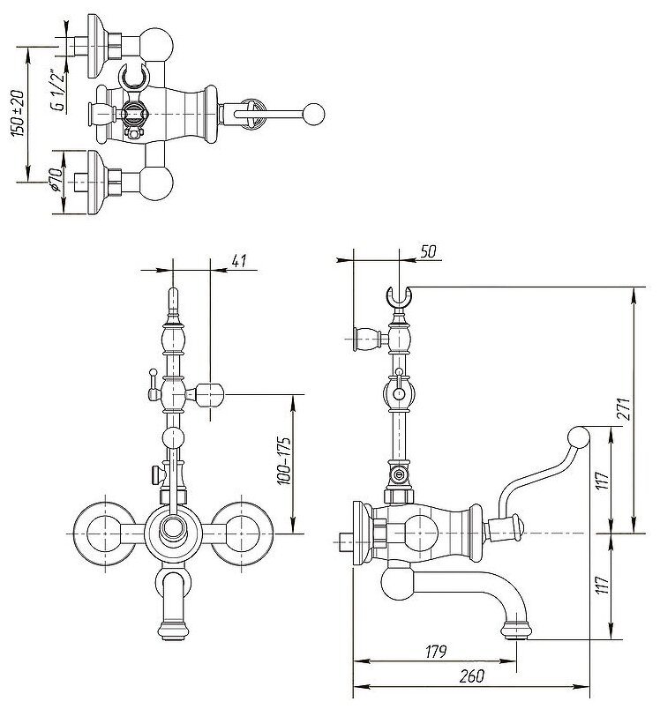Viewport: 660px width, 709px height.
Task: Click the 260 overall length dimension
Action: click(471, 678)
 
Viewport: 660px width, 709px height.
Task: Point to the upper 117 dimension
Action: click(603, 481)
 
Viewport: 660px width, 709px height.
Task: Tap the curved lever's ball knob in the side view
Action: click(580, 437)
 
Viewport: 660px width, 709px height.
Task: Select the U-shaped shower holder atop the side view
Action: click(401, 297)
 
